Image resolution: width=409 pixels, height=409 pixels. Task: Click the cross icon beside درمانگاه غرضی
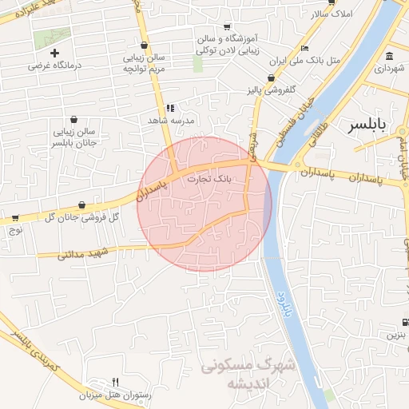point(54,53)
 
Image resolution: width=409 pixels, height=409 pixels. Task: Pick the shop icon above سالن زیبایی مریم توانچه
point(143,46)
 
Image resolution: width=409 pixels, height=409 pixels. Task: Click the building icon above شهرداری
point(389,57)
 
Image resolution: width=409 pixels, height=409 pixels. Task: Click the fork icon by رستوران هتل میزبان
point(115,383)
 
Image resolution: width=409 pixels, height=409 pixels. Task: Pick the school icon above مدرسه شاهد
point(169,108)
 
